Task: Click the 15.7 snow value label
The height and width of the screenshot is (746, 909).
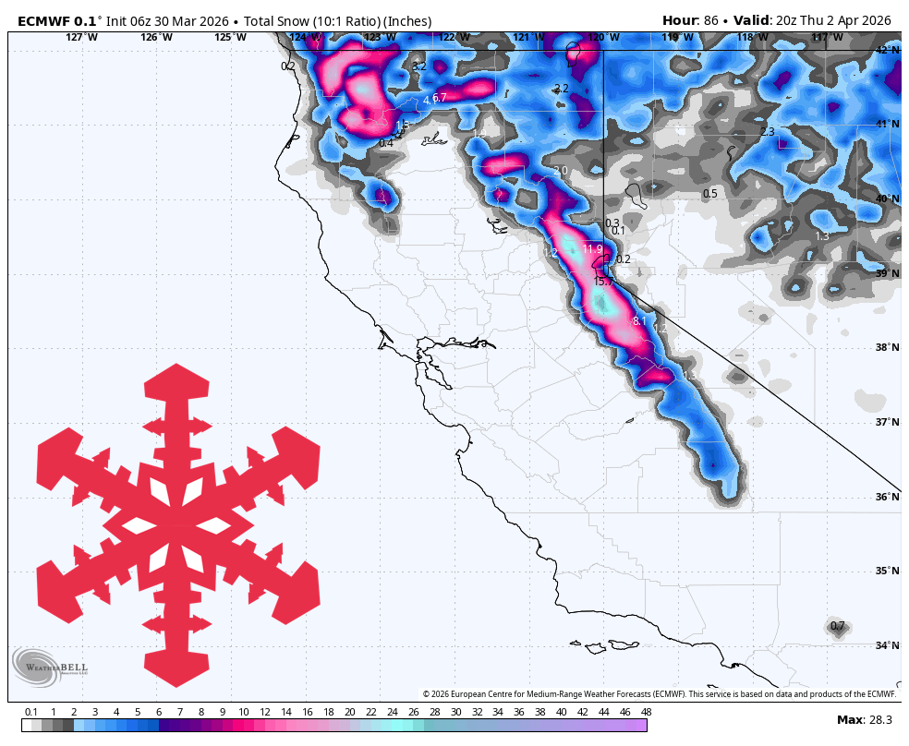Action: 603,281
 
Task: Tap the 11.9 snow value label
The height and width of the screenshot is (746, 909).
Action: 592,249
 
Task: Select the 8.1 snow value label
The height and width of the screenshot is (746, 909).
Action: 639,321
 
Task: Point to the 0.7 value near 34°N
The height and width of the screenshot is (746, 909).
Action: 837,626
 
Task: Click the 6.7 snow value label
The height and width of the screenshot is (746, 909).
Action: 439,98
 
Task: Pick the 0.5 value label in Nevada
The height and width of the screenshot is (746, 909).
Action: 709,194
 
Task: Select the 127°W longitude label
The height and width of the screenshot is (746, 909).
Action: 81,37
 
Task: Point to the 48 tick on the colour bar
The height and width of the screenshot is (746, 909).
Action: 646,712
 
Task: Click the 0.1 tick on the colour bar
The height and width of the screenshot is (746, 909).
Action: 30,712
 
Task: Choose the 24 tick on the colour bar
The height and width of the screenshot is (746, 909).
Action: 392,712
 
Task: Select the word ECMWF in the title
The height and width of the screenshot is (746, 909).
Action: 43,20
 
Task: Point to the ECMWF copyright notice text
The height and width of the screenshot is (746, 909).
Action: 660,694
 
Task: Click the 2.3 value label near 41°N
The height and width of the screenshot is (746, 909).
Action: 767,132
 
